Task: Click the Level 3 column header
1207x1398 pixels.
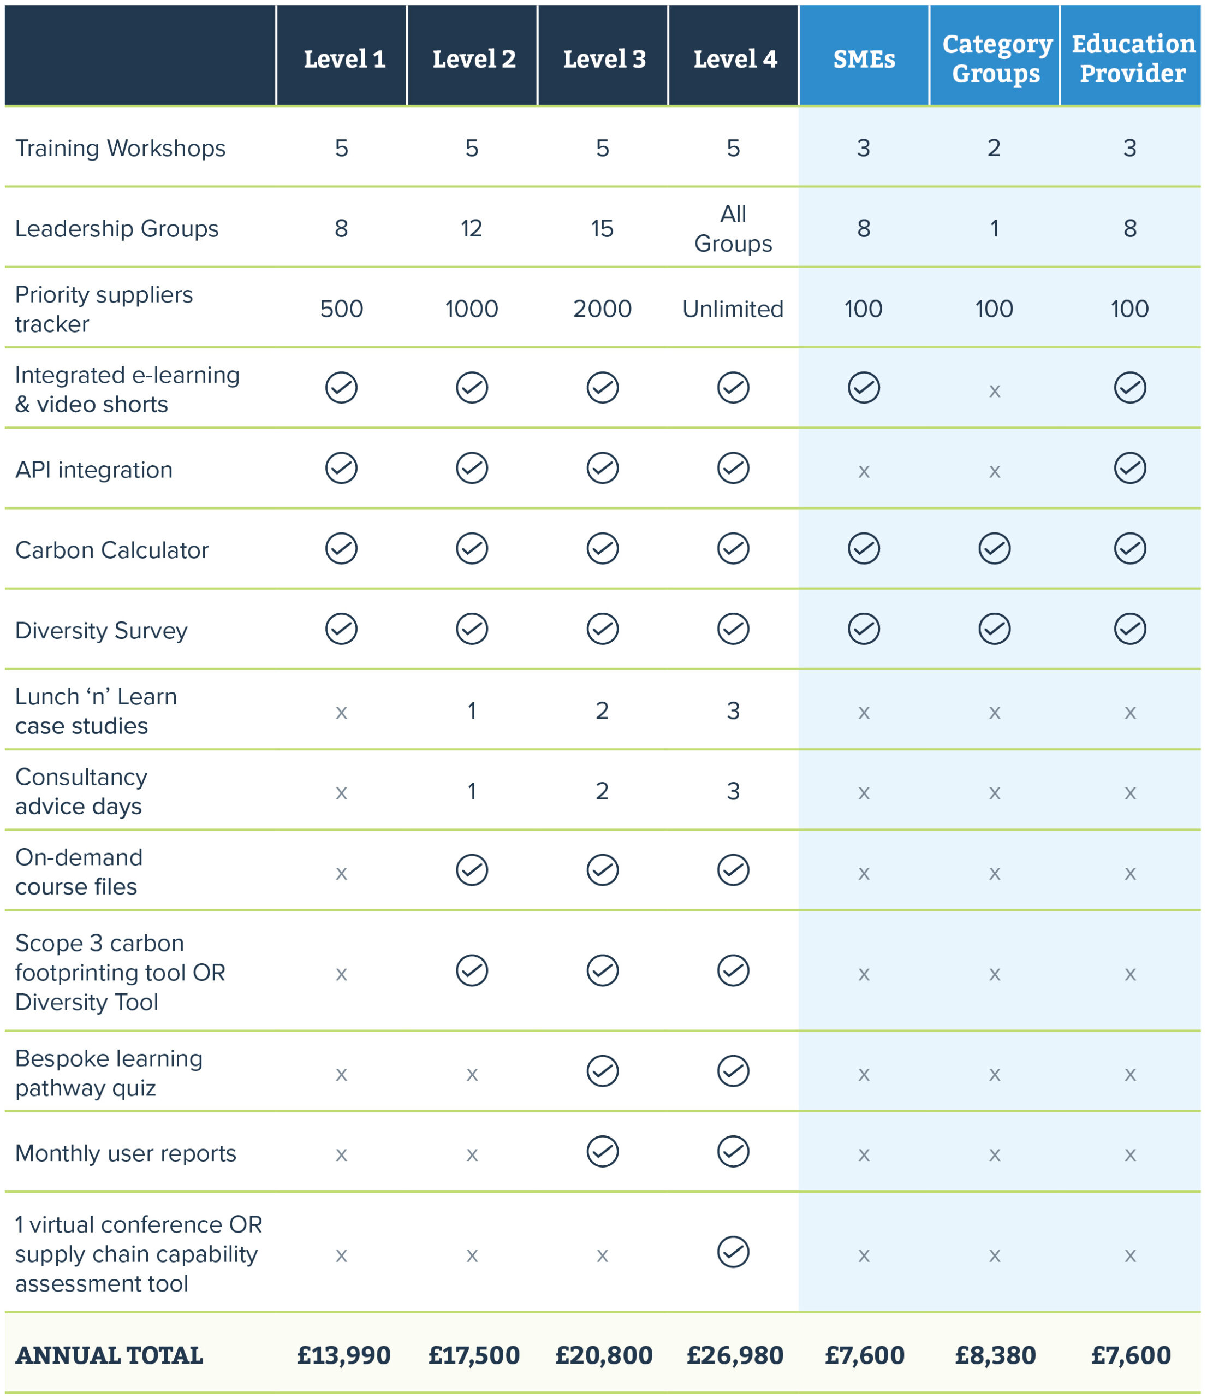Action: (x=604, y=60)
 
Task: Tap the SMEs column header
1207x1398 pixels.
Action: (x=864, y=60)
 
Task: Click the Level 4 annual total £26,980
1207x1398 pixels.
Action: (x=734, y=1355)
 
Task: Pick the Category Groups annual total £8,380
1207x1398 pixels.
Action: (x=995, y=1355)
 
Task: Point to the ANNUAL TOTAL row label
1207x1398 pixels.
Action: (x=109, y=1355)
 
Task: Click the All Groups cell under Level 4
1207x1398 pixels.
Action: (x=733, y=229)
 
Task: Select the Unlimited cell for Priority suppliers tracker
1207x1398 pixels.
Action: (x=733, y=309)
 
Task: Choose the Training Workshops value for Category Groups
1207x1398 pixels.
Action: (x=994, y=148)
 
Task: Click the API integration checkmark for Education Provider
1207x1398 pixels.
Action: (x=1129, y=468)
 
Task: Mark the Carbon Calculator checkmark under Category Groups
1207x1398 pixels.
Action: (x=994, y=548)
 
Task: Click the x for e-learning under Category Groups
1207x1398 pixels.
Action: (x=994, y=390)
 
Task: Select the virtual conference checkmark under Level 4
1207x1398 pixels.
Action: (x=733, y=1252)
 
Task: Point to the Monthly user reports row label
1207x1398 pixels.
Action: (x=126, y=1153)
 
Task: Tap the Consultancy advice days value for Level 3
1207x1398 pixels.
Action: (x=602, y=791)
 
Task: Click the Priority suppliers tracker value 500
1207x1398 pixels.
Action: (x=341, y=309)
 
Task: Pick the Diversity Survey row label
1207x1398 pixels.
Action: (x=101, y=630)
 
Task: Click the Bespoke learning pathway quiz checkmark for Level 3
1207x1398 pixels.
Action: (x=602, y=1071)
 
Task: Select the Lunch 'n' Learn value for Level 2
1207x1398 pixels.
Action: (x=472, y=710)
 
